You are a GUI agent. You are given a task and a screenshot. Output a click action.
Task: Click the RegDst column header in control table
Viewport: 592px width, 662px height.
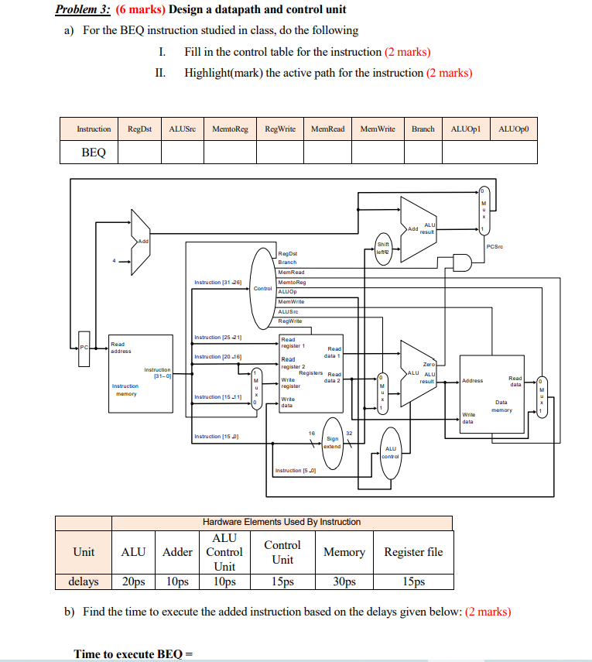pos(139,129)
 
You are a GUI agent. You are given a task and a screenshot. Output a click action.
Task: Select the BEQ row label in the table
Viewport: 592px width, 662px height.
pos(93,153)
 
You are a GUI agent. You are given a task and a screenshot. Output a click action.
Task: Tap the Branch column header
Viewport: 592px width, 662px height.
pos(423,129)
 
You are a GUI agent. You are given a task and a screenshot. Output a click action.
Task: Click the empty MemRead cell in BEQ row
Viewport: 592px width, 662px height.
pos(327,153)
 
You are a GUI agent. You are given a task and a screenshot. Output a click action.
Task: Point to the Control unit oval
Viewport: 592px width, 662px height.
pos(263,288)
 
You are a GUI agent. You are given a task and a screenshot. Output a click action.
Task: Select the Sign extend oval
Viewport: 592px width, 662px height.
pos(332,442)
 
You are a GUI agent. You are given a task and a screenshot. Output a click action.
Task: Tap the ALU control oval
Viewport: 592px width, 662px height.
pos(390,452)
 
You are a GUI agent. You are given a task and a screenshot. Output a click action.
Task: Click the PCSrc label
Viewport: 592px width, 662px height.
pos(495,247)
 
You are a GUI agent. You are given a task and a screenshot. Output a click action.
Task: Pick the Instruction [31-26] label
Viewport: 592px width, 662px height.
pos(218,282)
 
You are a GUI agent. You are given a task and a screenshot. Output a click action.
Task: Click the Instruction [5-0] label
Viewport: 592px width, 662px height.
pos(295,471)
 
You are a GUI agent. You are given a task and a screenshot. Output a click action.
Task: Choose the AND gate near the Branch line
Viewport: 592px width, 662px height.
pos(462,263)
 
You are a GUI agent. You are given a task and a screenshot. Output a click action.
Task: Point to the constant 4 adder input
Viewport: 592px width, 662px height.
pos(114,260)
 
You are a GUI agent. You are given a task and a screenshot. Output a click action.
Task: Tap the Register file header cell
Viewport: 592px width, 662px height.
pos(413,551)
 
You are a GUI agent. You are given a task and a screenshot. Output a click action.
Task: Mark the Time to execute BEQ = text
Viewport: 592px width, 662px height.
pos(132,654)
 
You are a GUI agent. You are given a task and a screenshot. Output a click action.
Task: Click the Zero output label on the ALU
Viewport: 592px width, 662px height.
pos(428,363)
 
